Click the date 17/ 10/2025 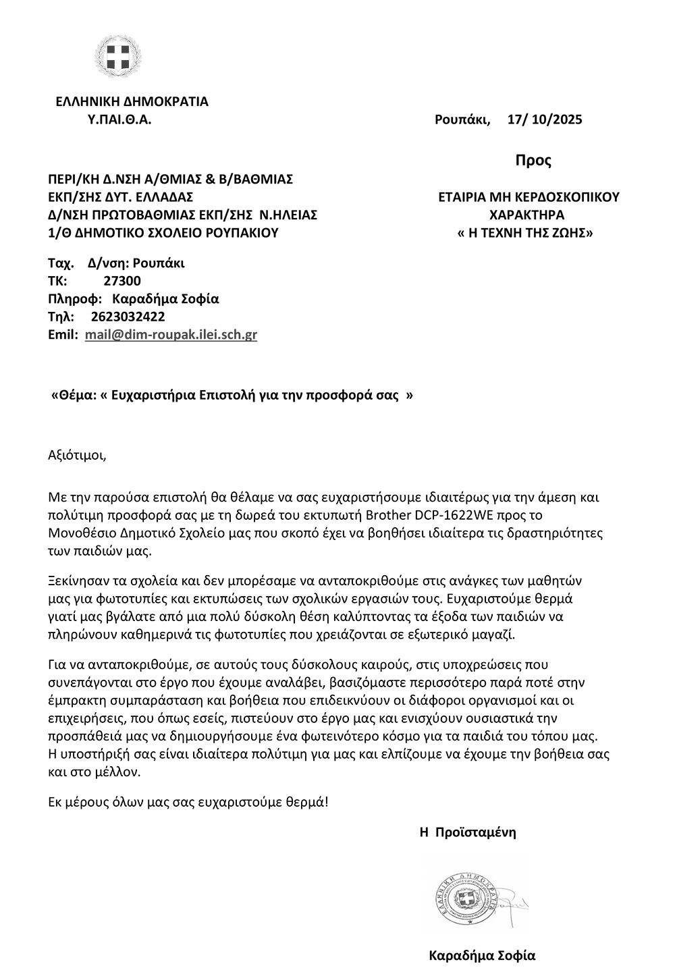(544, 120)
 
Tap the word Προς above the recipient (533, 161)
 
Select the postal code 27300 (122, 281)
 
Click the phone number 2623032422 (127, 317)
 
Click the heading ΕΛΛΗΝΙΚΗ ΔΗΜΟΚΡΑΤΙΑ (132, 102)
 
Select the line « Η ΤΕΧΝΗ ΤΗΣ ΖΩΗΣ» (526, 234)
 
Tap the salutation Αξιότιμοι (78, 454)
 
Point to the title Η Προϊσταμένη (468, 832)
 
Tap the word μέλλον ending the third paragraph (120, 771)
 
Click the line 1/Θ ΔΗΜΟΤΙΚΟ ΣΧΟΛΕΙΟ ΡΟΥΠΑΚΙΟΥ (163, 234)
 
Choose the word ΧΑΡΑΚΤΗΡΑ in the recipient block (527, 215)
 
